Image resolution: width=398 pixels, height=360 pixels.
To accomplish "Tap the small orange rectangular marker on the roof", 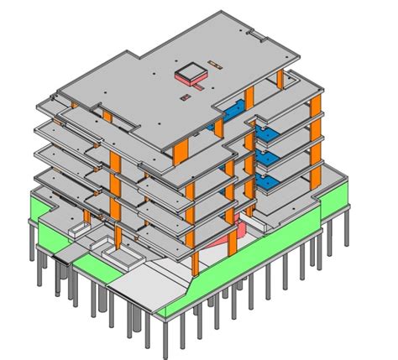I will pyautogui.click(x=216, y=65).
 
